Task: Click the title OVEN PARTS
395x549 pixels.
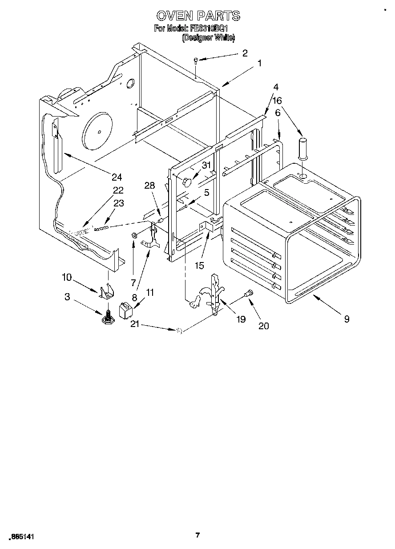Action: (x=198, y=16)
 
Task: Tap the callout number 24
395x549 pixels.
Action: (x=117, y=177)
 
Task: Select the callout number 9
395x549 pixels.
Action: (x=347, y=319)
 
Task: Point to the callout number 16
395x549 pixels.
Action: (x=278, y=101)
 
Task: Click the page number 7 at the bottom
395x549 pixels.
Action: (x=197, y=535)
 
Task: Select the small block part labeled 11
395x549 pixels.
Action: (x=125, y=310)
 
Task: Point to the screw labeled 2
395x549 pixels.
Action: (x=196, y=61)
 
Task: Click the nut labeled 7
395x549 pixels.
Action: (x=133, y=235)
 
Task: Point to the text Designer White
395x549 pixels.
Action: (x=208, y=38)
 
